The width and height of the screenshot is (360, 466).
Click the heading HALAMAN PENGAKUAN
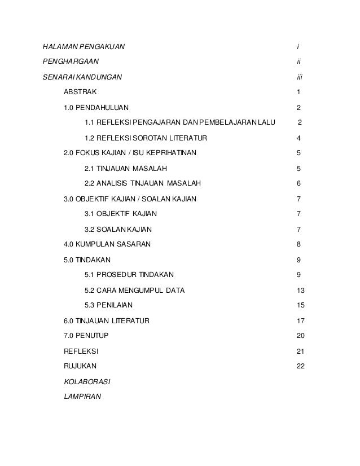[x=84, y=45]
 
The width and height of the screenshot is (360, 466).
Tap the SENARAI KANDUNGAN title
[x=82, y=76]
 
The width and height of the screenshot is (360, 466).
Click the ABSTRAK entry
[x=80, y=91]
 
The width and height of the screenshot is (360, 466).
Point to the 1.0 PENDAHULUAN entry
[x=96, y=107]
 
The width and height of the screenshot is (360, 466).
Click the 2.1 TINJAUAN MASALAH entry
[x=125, y=168]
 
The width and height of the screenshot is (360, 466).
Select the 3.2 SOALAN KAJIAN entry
[x=117, y=229]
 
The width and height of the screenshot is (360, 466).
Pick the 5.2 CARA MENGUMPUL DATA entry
[x=134, y=290]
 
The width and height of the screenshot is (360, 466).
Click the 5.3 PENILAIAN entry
[x=108, y=305]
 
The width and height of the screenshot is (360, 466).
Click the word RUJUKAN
[x=81, y=366]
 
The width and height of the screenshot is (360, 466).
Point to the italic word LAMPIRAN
[x=82, y=397]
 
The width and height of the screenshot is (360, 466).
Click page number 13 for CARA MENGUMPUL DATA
[x=300, y=290]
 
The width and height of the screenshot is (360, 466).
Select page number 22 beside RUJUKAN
[x=300, y=366]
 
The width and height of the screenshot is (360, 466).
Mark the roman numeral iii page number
[x=300, y=76]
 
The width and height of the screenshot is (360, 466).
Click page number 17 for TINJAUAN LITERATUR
[x=300, y=320]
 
